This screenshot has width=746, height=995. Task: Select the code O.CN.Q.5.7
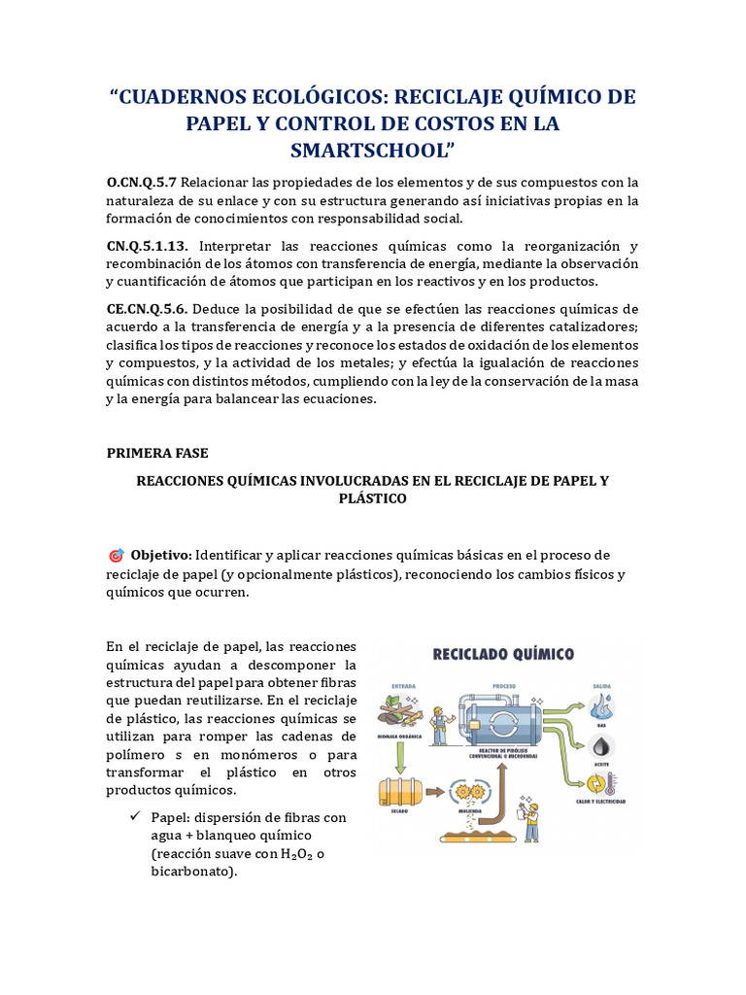142,183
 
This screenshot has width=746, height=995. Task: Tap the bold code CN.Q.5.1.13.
148,246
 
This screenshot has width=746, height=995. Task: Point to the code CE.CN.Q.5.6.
146,308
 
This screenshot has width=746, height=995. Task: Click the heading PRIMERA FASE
157,453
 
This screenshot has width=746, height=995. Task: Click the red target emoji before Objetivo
116,556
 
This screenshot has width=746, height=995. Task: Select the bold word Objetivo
161,555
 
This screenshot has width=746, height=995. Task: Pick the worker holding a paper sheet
530,816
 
